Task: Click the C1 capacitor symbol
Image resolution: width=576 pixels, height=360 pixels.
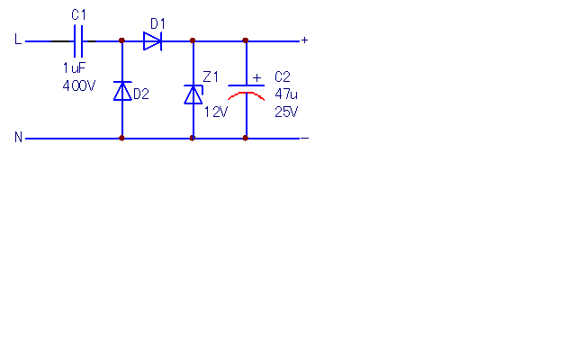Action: pyautogui.click(x=78, y=41)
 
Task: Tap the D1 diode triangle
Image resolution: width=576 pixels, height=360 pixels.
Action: pyautogui.click(x=152, y=41)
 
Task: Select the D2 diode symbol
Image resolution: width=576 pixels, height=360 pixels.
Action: pyautogui.click(x=122, y=91)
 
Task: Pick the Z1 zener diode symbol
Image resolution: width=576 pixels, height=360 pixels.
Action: pyautogui.click(x=193, y=94)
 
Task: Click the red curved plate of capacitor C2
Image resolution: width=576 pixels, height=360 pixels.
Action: pyautogui.click(x=246, y=95)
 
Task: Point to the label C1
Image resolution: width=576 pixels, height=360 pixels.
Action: pyautogui.click(x=78, y=15)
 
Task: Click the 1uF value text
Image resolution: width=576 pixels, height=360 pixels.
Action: pyautogui.click(x=74, y=68)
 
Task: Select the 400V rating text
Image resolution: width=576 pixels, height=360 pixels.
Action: pyautogui.click(x=79, y=86)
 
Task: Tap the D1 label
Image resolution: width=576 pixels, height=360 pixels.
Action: pyautogui.click(x=158, y=24)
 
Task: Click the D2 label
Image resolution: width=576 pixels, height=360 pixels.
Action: pyautogui.click(x=141, y=94)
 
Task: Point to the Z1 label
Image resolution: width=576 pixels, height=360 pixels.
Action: pyautogui.click(x=211, y=77)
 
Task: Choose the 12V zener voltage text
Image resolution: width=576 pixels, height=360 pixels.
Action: pyautogui.click(x=216, y=112)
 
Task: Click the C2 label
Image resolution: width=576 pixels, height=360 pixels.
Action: pyautogui.click(x=283, y=76)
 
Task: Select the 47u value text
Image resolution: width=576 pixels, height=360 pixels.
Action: pyautogui.click(x=286, y=94)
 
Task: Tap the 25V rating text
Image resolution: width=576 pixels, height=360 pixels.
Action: pyautogui.click(x=286, y=112)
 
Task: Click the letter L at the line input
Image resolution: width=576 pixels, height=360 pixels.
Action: pyautogui.click(x=18, y=39)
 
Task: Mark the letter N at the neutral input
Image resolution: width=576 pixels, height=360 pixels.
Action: pyautogui.click(x=18, y=137)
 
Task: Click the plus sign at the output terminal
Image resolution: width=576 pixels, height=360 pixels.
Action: pyautogui.click(x=304, y=40)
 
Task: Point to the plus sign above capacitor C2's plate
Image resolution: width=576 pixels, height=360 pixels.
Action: pyautogui.click(x=256, y=78)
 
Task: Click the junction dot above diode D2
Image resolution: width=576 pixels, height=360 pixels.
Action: pyautogui.click(x=122, y=40)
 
